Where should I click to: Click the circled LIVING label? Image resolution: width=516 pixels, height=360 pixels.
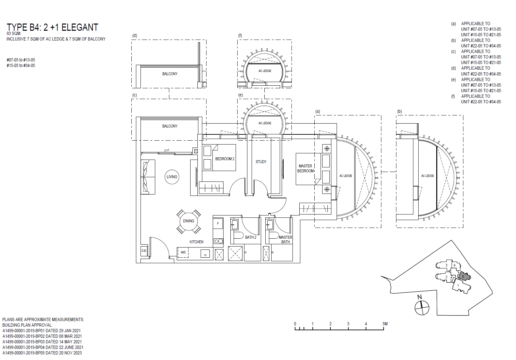pyautogui.click(x=172, y=177)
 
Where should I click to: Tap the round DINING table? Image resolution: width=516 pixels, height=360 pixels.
pyautogui.click(x=189, y=221)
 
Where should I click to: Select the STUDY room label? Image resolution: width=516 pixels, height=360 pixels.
pyautogui.click(x=261, y=162)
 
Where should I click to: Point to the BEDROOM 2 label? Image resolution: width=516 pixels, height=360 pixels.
pyautogui.click(x=225, y=159)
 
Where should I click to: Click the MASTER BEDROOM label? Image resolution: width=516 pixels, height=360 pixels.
pyautogui.click(x=306, y=168)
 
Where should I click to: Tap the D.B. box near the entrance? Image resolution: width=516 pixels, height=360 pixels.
pyautogui.click(x=144, y=251)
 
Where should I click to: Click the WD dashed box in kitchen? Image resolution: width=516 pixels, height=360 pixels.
pyautogui.click(x=183, y=252)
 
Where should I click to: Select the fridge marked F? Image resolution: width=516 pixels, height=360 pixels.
pyautogui.click(x=218, y=224)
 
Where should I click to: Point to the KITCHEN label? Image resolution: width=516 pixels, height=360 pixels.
pyautogui.click(x=196, y=242)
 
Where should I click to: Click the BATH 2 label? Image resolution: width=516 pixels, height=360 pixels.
pyautogui.click(x=251, y=237)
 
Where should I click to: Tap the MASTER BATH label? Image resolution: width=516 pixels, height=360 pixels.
pyautogui.click(x=285, y=240)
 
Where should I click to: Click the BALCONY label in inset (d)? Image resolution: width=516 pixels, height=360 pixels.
pyautogui.click(x=170, y=74)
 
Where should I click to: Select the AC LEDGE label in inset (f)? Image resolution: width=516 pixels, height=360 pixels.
pyautogui.click(x=265, y=71)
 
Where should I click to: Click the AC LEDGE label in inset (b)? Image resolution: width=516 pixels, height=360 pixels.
pyautogui.click(x=427, y=176)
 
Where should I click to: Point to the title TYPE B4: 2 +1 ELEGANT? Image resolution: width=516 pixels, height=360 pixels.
pyautogui.click(x=52, y=27)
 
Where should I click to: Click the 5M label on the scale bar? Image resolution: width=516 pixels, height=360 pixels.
pyautogui.click(x=385, y=324)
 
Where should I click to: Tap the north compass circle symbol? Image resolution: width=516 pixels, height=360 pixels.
pyautogui.click(x=422, y=308)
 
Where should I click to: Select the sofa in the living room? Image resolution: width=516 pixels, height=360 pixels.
pyautogui.click(x=148, y=177)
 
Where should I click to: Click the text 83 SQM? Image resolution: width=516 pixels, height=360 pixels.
pyautogui.click(x=14, y=34)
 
